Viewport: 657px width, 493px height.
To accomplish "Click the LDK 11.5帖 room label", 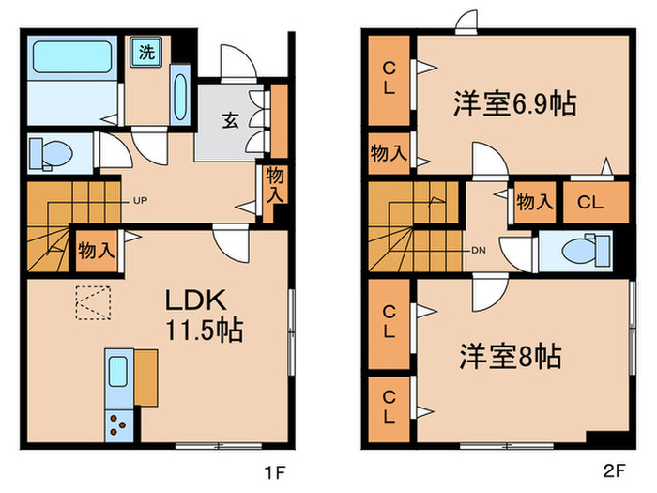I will pyautogui.click(x=205, y=316).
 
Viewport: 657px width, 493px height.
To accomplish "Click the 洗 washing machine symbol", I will pyautogui.click(x=146, y=52).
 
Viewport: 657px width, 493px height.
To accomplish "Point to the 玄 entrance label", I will pyautogui.click(x=229, y=119).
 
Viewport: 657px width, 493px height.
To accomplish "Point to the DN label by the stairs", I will pyautogui.click(x=478, y=252).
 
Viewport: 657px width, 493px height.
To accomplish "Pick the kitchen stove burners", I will pyautogui.click(x=120, y=424).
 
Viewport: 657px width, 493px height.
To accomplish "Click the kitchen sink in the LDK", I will pyautogui.click(x=119, y=374).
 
